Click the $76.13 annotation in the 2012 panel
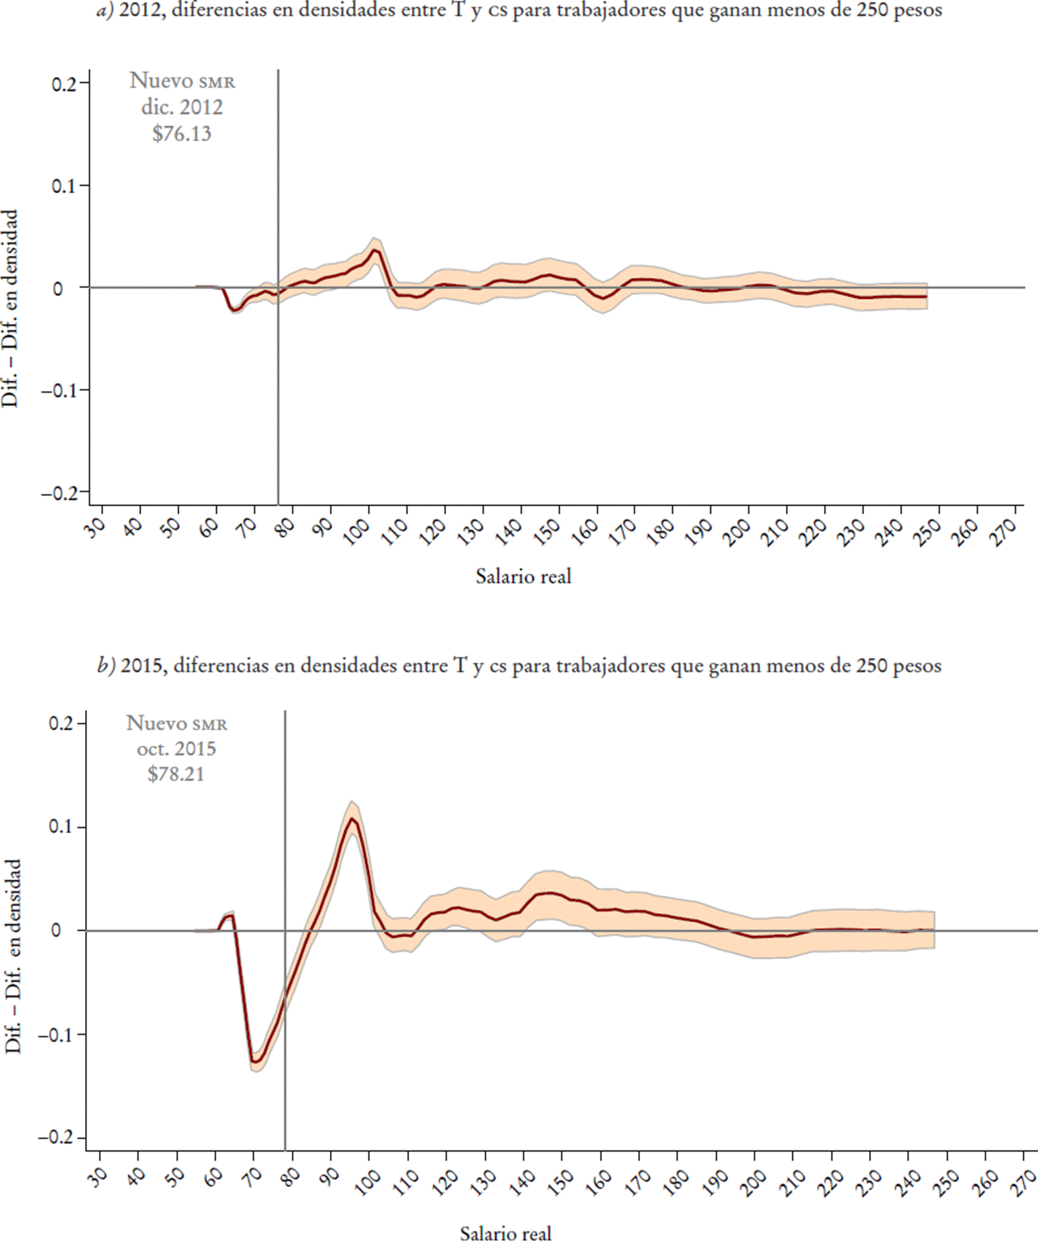181,133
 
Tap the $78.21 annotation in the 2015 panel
176,773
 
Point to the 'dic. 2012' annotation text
182,107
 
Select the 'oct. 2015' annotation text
176,748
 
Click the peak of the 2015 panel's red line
352,819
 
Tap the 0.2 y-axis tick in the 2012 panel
65,83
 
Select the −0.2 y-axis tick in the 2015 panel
57,1138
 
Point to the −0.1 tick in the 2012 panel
59,390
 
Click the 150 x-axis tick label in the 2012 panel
548,531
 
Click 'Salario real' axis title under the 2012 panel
523,577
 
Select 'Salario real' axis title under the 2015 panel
505,1233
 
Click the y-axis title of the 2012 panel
10,308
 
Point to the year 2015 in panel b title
142,665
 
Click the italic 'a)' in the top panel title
106,11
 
